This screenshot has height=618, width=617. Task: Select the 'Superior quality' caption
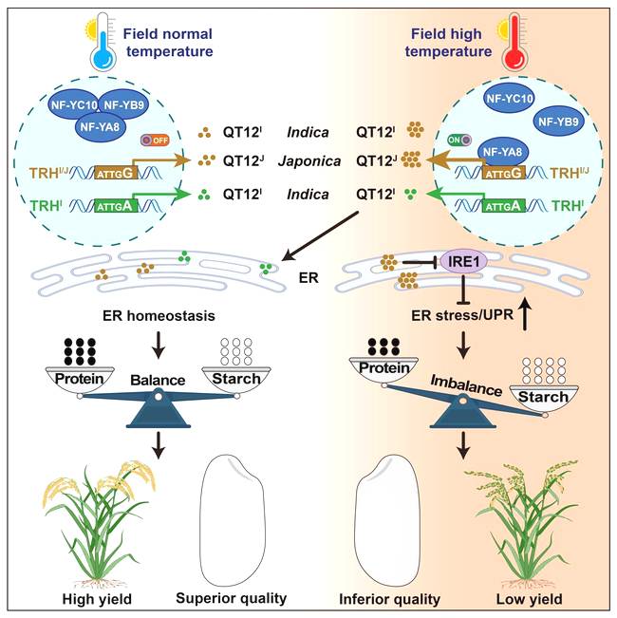point(232,599)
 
